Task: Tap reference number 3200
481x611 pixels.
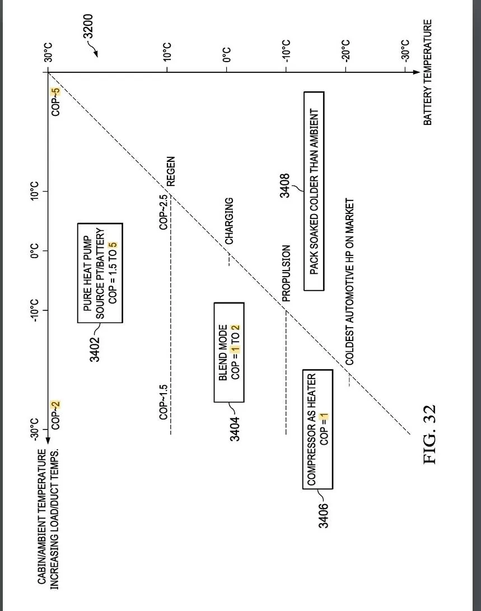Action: tap(88, 27)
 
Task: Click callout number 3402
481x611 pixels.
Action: tap(95, 348)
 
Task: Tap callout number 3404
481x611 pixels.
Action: tap(235, 428)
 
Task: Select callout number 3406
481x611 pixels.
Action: tap(323, 515)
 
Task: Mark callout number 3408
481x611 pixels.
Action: tap(285, 185)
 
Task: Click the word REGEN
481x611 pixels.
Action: tap(171, 171)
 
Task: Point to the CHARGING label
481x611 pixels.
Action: tap(229, 221)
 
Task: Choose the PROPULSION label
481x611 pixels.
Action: tap(286, 273)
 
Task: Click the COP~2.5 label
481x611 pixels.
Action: tap(164, 212)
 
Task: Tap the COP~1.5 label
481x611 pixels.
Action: tap(164, 402)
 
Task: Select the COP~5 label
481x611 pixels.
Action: tap(55, 102)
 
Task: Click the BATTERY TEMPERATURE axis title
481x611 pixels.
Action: tap(428, 72)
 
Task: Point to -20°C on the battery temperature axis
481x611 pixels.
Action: tap(346, 50)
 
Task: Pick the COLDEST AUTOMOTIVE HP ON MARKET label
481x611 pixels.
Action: tap(350, 282)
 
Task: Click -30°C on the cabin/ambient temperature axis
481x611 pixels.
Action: tap(35, 430)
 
